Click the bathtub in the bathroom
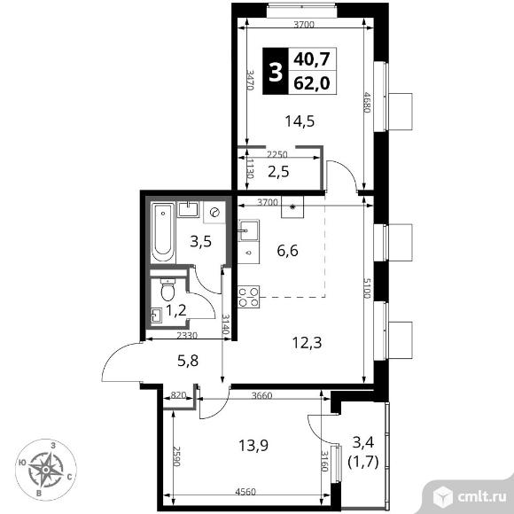coord(162,232)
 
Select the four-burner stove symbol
coord(248,296)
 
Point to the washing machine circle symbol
coord(214,213)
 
